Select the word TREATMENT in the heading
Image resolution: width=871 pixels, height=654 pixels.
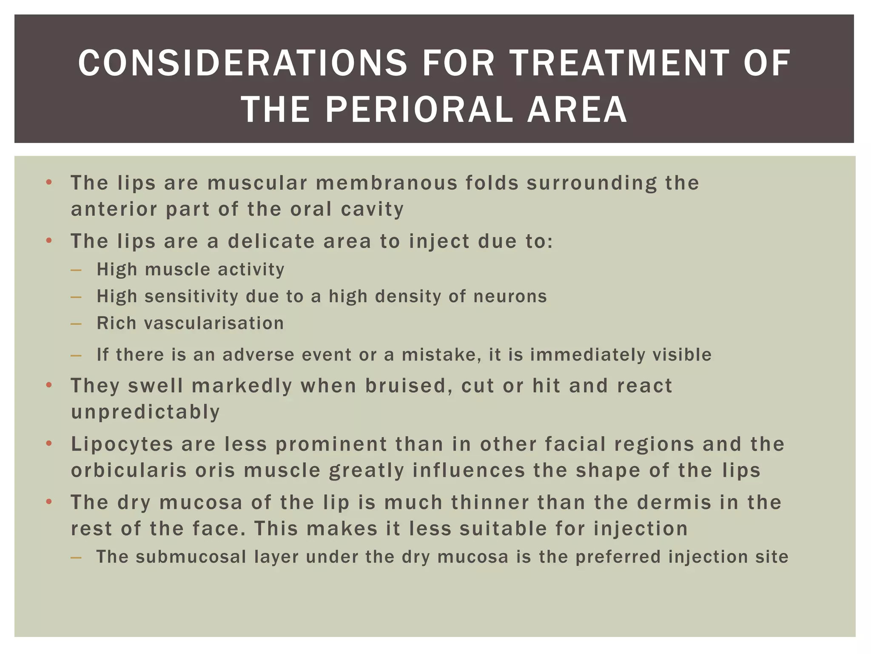coord(619,63)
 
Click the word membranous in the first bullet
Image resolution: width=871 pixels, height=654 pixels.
coord(387,183)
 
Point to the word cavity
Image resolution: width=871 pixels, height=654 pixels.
coord(372,209)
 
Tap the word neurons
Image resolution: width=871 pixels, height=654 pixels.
coord(510,296)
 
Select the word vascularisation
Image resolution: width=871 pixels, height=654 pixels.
coord(214,323)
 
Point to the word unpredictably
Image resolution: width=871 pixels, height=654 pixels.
coord(145,412)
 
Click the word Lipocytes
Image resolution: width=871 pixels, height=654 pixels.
coord(122,444)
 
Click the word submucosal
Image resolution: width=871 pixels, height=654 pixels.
coord(191,557)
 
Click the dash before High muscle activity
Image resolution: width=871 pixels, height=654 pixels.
coord(76,270)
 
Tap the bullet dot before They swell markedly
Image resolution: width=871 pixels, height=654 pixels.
coord(49,385)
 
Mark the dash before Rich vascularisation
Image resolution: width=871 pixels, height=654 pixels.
coord(76,324)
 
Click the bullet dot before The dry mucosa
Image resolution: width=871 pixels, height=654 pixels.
coord(49,502)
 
